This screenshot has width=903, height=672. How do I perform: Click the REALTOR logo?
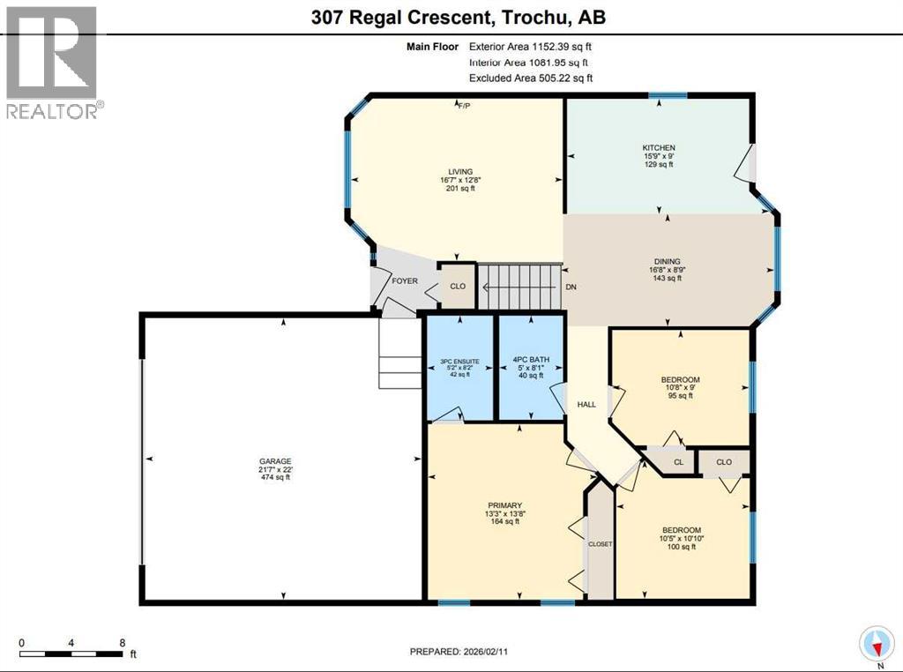coord(54,62)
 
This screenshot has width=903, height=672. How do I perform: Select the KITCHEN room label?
coord(658,148)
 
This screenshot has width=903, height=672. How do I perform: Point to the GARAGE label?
coord(281,461)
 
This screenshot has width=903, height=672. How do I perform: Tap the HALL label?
coord(586,405)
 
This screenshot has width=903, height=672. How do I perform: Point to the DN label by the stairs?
coord(571,287)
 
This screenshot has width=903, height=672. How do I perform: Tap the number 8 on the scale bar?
coord(122,643)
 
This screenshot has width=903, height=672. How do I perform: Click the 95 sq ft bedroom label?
coord(679,396)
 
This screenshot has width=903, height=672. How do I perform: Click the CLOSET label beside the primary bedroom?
coord(600,544)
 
